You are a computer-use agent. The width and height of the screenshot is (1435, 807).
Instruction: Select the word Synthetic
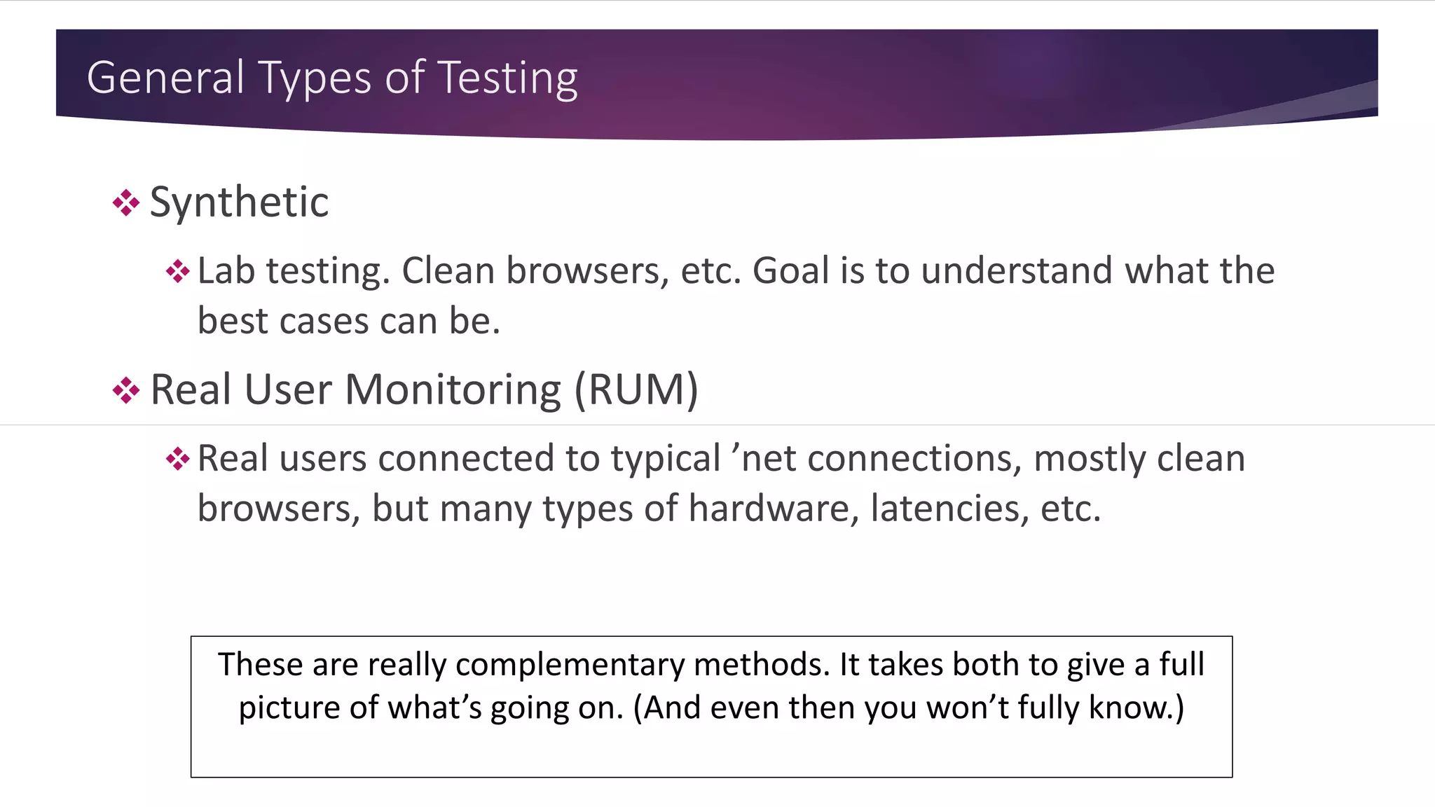pyautogui.click(x=239, y=202)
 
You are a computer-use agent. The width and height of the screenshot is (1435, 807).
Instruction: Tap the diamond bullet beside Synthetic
pyautogui.click(x=126, y=203)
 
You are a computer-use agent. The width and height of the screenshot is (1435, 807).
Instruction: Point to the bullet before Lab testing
pyautogui.click(x=178, y=272)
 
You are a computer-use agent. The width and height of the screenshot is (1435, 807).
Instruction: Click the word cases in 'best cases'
pyautogui.click(x=323, y=322)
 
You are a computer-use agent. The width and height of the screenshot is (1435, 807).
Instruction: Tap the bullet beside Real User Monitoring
pyautogui.click(x=126, y=390)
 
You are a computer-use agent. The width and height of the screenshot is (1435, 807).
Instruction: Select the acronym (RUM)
pyautogui.click(x=636, y=389)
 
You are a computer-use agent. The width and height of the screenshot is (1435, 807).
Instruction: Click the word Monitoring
pyautogui.click(x=453, y=389)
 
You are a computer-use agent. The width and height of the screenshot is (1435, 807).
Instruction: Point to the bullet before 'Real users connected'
pyautogui.click(x=178, y=460)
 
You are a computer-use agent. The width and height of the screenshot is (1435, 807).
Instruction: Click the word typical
pyautogui.click(x=666, y=460)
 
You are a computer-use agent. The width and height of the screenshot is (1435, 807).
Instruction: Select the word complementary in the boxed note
pyautogui.click(x=570, y=665)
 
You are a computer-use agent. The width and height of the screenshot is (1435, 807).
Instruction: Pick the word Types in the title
pyautogui.click(x=317, y=78)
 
